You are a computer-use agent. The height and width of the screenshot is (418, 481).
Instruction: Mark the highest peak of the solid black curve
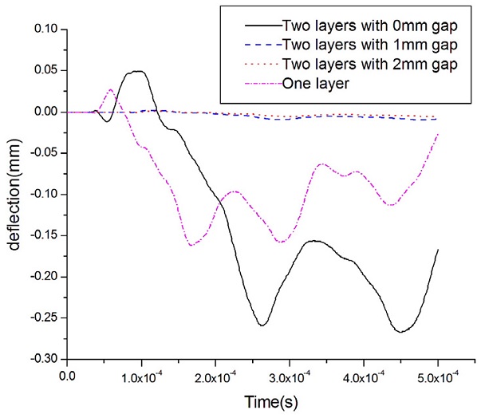click(x=138, y=71)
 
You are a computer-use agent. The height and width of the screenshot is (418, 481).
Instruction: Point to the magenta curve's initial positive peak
click(x=111, y=89)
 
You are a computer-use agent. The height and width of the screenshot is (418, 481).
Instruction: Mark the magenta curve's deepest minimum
click(x=192, y=245)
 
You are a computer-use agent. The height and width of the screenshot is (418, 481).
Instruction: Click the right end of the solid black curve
click(x=438, y=250)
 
